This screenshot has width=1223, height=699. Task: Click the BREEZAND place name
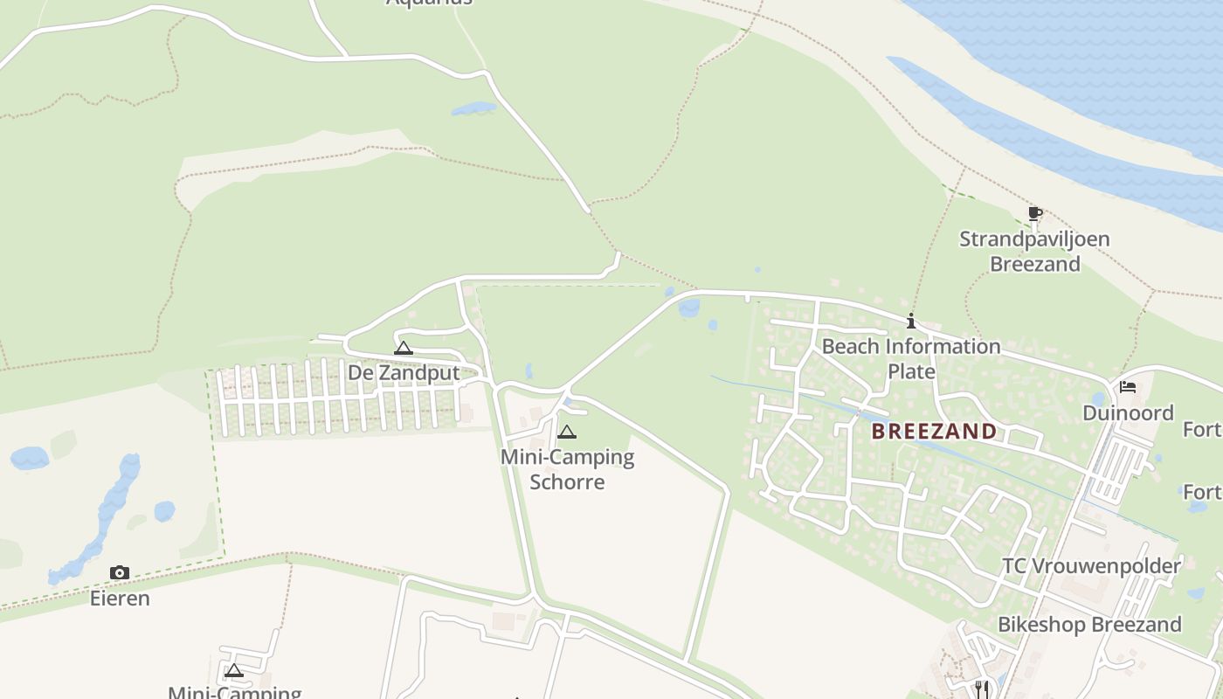coord(934,431)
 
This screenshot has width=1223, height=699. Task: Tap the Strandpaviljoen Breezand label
coord(1034,251)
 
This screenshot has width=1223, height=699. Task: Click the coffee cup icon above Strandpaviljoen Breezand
coord(1035,213)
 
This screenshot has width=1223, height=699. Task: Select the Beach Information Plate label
coord(911,358)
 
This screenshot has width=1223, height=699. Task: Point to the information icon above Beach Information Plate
coord(911,321)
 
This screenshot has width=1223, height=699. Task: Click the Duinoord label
coord(1128,412)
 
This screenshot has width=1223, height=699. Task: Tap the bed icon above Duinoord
coord(1128,387)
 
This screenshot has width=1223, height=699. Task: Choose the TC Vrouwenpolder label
coord(1091,565)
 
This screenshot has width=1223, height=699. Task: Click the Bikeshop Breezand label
coord(1089,624)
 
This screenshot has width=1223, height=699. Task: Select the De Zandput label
coord(404,372)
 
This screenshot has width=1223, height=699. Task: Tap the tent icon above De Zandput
coord(403,348)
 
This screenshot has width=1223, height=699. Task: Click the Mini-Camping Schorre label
coord(567,468)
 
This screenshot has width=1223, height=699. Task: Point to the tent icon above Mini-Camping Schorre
coord(567,432)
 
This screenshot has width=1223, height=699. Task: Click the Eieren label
coord(120,599)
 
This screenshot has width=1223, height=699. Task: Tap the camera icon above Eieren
coord(120,573)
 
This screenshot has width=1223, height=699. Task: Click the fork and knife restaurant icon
coord(982,689)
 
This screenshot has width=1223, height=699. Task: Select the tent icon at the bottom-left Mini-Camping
coord(233,671)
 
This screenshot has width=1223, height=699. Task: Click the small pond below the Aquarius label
coord(473,109)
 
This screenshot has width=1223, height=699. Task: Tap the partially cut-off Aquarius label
coord(429,3)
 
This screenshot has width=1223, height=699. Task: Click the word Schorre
coord(567,481)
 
